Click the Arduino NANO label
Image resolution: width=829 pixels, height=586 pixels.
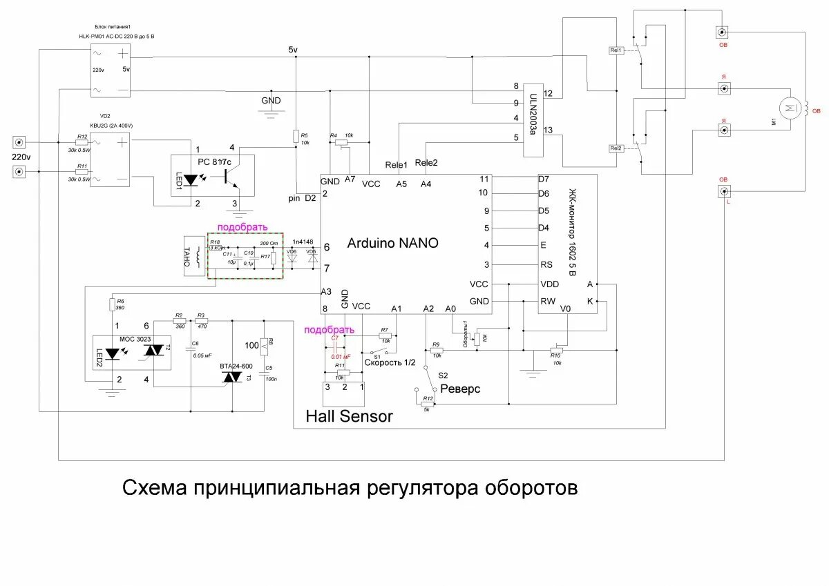[x=392, y=243]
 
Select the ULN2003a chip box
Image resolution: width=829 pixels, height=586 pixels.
[x=533, y=115]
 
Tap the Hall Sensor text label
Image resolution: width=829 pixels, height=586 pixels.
[x=350, y=416]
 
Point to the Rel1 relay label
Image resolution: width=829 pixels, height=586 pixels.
[x=616, y=50]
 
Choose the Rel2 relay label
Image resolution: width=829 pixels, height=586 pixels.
[x=616, y=148]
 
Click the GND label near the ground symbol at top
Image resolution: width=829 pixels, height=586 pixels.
[x=271, y=101]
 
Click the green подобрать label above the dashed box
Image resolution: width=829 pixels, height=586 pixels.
[x=242, y=227]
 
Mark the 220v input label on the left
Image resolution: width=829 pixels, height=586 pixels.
[x=21, y=157]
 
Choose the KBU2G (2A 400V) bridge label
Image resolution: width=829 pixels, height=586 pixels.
[x=111, y=125]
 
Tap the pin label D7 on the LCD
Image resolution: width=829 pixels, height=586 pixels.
[x=544, y=178]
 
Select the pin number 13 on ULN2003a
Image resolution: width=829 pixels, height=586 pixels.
[x=549, y=130]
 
